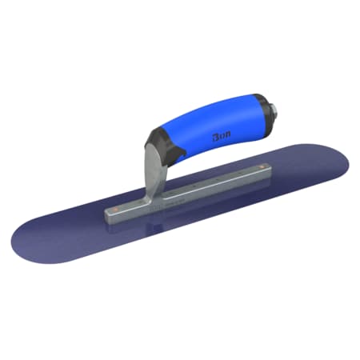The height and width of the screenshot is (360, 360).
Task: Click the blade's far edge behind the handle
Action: pyautogui.click(x=240, y=148)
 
